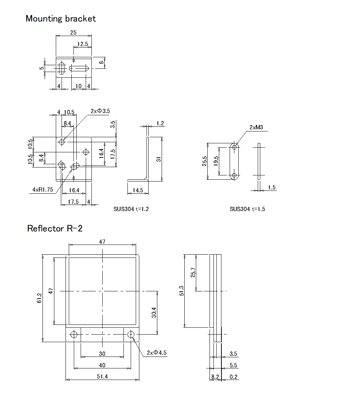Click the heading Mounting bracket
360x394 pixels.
[60, 19]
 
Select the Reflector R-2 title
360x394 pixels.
[55, 228]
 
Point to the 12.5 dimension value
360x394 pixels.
[82, 44]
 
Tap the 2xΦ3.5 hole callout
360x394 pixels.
[100, 111]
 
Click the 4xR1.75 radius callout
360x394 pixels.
[42, 189]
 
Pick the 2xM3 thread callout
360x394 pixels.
[256, 127]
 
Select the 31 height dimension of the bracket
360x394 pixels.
[158, 159]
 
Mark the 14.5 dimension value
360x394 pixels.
[138, 190]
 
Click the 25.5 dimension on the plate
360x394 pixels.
[204, 161]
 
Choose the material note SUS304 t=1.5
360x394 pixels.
[247, 209]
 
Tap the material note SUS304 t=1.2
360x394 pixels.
[131, 209]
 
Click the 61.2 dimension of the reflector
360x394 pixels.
[39, 298]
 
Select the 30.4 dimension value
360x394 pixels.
[154, 312]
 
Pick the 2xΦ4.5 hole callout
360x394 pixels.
[157, 353]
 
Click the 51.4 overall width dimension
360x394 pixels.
[102, 376]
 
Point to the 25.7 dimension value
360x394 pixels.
[193, 272]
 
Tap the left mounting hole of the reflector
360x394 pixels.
[74, 335]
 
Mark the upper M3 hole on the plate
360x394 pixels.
[235, 147]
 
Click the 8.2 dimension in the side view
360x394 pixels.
[215, 377]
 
